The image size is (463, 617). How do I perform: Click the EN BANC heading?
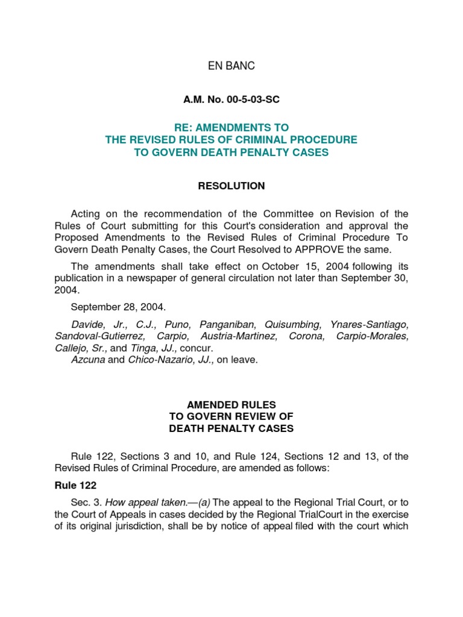[x=231, y=66]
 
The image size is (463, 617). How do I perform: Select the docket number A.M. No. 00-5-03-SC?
[x=231, y=100]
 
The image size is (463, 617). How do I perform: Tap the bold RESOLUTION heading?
[x=231, y=186]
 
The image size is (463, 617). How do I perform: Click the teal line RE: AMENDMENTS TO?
[x=231, y=128]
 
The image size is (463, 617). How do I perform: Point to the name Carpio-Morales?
[x=373, y=336]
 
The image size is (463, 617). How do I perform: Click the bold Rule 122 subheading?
[x=75, y=485]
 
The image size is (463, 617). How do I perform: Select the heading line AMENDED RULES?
[x=231, y=405]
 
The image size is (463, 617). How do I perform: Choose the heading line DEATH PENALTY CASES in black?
[x=231, y=429]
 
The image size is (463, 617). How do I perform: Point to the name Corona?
[x=306, y=336]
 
